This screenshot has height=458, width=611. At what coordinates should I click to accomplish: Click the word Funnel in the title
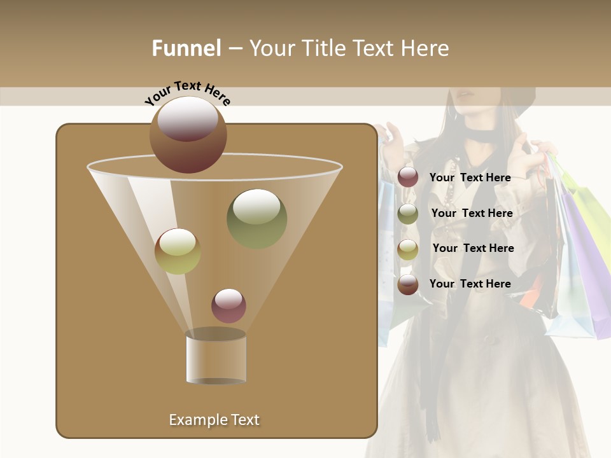tap(186, 48)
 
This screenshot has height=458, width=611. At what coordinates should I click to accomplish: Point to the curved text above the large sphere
tap(188, 93)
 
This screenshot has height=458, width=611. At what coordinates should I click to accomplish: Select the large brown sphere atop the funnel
tap(188, 134)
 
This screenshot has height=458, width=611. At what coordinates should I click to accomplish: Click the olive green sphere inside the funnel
tap(256, 218)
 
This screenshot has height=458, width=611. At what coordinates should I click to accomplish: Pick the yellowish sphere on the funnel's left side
tap(178, 251)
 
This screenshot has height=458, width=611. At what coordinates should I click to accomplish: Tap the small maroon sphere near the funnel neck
tap(228, 305)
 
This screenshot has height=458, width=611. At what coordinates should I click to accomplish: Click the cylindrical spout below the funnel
tap(216, 357)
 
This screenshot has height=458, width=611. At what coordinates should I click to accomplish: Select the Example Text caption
tap(214, 420)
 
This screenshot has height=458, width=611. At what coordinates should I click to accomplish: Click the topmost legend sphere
tap(408, 177)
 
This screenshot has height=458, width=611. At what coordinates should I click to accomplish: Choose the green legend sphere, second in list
tap(408, 214)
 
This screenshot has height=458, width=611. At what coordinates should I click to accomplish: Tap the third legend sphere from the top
tap(408, 249)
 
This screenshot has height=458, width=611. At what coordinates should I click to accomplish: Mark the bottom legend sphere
tap(408, 284)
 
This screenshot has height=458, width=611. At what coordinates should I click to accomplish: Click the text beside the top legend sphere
tap(470, 178)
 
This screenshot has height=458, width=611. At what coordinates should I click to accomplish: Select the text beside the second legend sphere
tap(472, 214)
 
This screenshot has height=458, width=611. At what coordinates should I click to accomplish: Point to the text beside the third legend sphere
tap(473, 248)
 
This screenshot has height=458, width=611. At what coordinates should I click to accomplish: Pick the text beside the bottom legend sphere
tap(470, 284)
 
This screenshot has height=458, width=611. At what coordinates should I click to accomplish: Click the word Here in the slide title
tap(425, 48)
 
